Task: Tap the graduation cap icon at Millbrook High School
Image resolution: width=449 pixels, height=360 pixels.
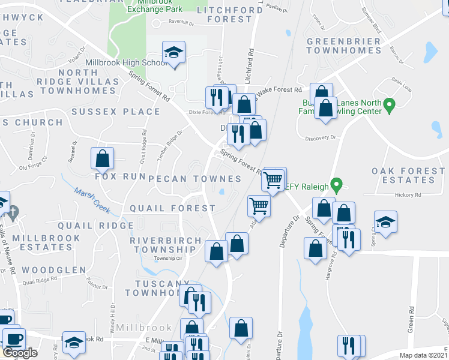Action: tap(174, 53)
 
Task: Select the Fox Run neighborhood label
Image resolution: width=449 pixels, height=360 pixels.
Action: tap(119, 177)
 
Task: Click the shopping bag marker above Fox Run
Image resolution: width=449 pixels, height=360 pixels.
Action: tap(102, 158)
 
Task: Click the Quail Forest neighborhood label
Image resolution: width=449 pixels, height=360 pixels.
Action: tap(172, 208)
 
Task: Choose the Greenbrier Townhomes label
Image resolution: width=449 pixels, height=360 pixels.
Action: tap(344, 46)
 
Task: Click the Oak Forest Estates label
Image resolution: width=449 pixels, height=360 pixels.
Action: tap(408, 175)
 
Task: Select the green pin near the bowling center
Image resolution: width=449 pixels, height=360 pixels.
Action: tap(389, 107)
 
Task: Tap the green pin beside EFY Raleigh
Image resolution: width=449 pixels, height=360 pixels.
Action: tap(337, 185)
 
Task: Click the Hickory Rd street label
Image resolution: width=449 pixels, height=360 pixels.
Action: tap(409, 195)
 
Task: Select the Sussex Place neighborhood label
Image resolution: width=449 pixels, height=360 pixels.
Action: tap(116, 112)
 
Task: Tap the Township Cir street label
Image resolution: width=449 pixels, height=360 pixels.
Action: tap(167, 259)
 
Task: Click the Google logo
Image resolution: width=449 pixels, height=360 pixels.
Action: tap(20, 353)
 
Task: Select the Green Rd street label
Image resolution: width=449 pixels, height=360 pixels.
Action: tap(412, 319)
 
